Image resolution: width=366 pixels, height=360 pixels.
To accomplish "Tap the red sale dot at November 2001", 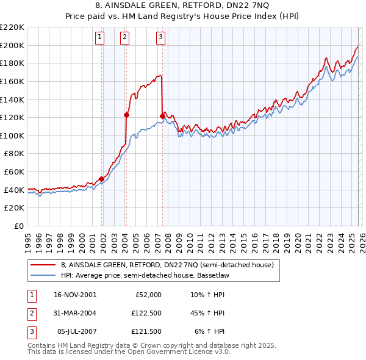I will (x=101, y=179).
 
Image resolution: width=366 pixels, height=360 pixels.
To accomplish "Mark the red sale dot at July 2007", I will (x=162, y=116).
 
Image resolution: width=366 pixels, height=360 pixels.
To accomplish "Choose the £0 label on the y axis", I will (x=18, y=226).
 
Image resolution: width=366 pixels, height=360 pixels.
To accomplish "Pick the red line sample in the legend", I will (x=43, y=265).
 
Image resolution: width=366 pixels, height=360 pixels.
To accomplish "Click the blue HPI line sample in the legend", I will (x=43, y=276).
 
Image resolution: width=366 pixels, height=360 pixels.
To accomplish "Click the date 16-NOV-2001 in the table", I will (x=74, y=295).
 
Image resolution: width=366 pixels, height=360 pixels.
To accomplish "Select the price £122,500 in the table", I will (x=148, y=313).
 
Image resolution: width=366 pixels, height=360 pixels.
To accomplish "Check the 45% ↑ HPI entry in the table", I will (x=208, y=313).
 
